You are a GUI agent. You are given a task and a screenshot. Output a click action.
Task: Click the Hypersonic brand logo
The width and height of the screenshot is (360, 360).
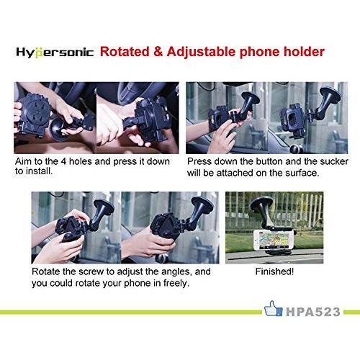pos(55,53)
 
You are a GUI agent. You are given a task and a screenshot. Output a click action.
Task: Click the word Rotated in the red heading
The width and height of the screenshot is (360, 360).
pos(125,52)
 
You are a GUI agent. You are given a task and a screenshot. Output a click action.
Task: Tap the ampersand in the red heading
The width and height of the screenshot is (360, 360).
pos(158,52)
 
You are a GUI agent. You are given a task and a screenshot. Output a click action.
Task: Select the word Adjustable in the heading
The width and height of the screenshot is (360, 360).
pos(201,52)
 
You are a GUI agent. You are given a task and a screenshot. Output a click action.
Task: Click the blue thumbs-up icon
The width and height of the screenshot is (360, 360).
pos(273,309)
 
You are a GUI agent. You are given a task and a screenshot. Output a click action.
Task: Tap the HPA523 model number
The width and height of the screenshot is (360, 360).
pos(313,312)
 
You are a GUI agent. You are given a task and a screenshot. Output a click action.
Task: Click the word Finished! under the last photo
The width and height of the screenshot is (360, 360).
pos(274,271)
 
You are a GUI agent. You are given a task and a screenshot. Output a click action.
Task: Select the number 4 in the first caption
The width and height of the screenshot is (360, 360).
pos(63,161)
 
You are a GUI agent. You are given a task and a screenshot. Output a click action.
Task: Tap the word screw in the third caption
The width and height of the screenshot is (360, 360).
pos(91,271)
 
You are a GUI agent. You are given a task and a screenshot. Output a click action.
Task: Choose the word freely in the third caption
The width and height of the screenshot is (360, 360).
pos(176,283)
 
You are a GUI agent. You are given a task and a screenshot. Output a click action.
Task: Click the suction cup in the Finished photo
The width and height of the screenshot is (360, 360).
pos(262,208)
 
